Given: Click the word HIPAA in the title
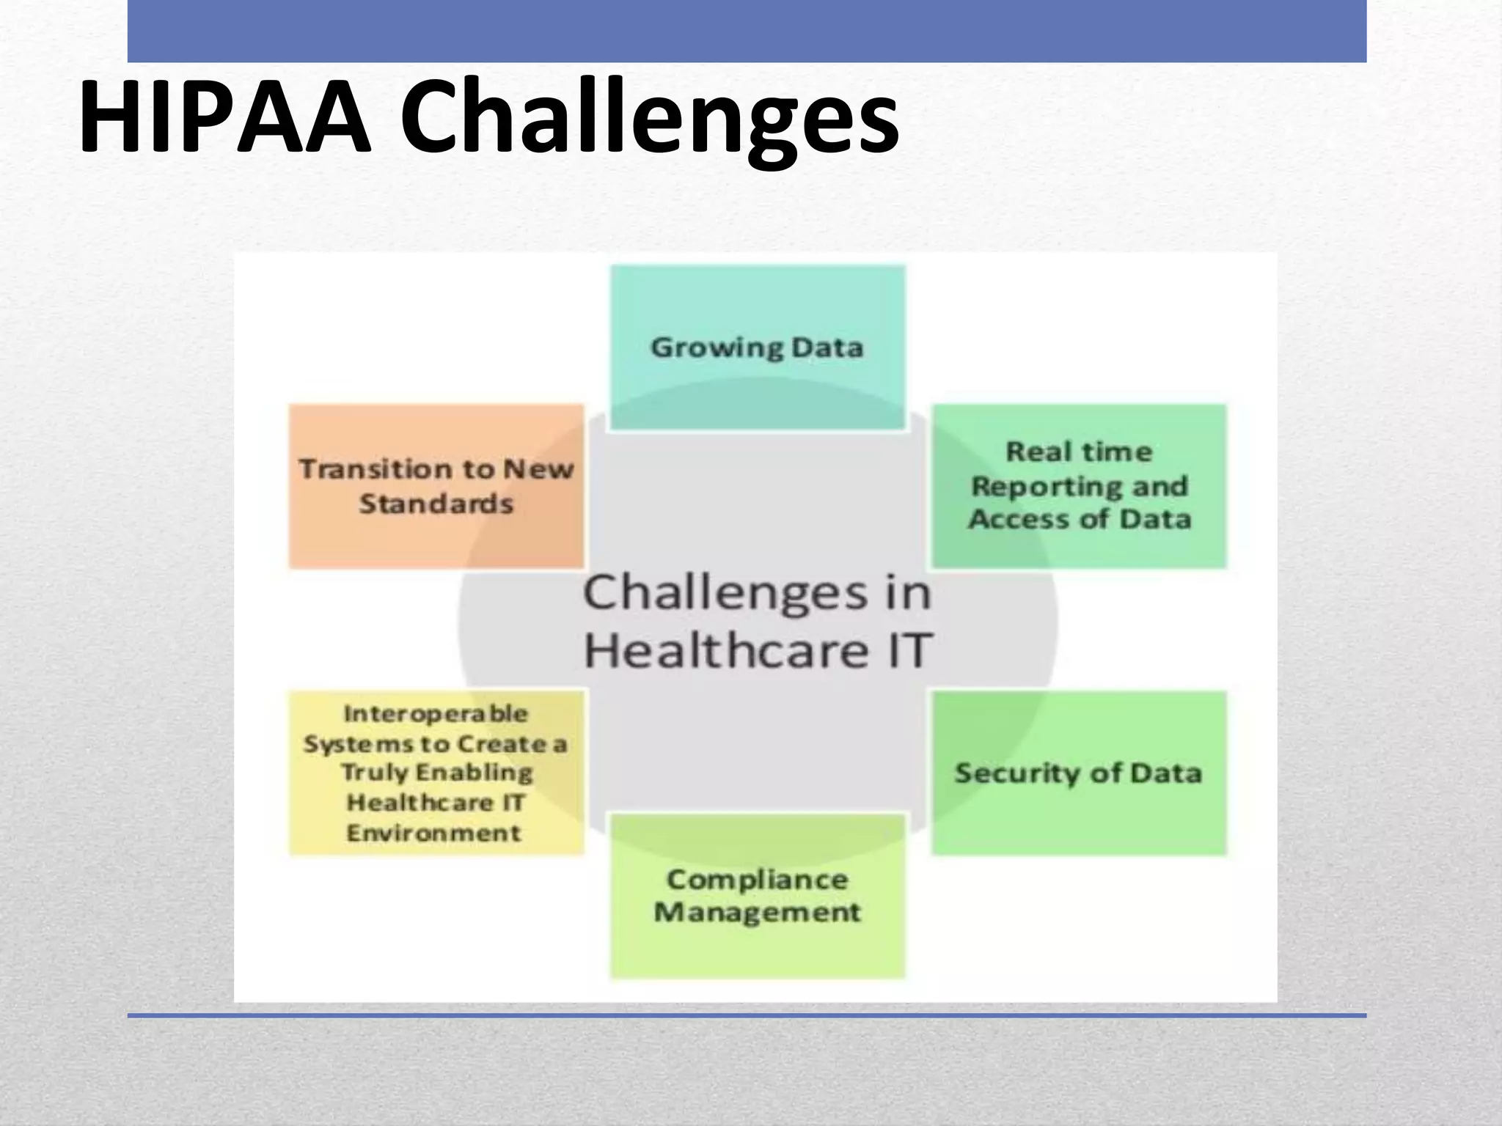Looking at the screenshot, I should point(224,117).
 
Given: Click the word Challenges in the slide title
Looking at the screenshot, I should point(648,121).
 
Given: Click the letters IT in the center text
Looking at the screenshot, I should point(909,650).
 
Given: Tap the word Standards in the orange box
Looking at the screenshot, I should point(436,504).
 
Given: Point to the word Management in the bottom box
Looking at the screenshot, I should point(758,913).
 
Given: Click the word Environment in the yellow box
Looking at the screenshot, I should point(434,834).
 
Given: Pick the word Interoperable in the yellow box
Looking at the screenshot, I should point(436,713).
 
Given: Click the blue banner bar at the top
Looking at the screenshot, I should point(747,31).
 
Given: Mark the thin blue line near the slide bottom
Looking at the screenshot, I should point(747,1015).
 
